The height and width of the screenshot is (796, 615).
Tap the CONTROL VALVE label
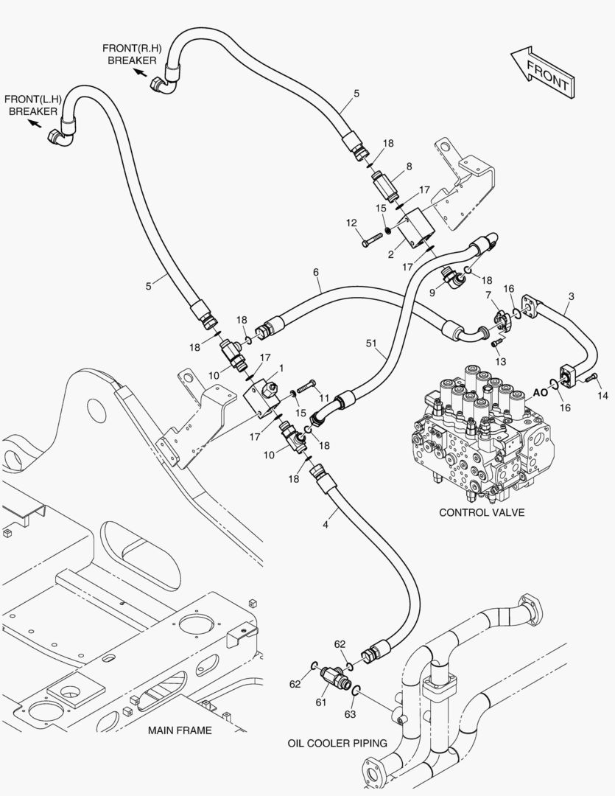(x=482, y=512)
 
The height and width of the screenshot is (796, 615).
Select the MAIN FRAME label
(x=180, y=730)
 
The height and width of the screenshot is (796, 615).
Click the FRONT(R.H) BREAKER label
(x=132, y=54)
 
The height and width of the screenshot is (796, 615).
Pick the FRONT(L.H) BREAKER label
(x=32, y=105)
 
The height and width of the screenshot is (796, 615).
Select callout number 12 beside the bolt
(x=351, y=222)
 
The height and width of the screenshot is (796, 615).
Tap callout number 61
(x=320, y=702)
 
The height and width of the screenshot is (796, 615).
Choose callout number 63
(x=350, y=713)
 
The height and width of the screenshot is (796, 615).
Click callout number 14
(x=603, y=396)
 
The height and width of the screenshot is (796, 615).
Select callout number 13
(x=501, y=361)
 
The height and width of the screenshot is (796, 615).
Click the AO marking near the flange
(x=540, y=393)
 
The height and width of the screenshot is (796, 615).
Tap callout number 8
(x=409, y=167)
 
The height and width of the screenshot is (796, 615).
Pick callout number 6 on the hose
(x=316, y=272)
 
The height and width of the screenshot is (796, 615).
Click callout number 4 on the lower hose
(x=325, y=525)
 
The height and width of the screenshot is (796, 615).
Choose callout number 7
(x=488, y=296)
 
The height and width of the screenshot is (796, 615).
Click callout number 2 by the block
(x=391, y=254)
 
